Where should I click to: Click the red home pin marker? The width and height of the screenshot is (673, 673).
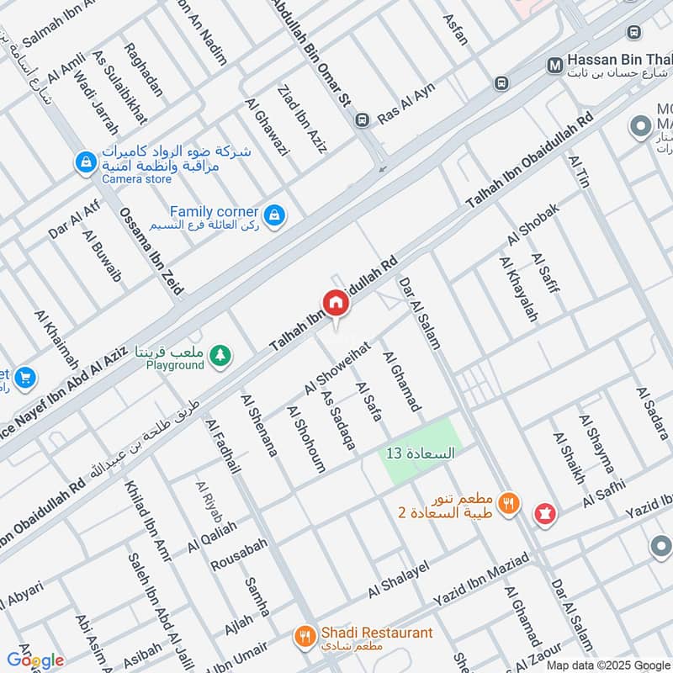coord(335,303)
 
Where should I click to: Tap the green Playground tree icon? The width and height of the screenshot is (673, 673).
coord(220,356)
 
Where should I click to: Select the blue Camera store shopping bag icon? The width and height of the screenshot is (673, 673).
coord(85,163)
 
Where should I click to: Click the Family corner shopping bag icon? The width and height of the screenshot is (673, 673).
coord(273,217)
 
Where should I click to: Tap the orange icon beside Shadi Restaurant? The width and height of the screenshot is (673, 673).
coord(305,637)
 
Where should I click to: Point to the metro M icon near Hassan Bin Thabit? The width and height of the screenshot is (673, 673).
coord(554,65)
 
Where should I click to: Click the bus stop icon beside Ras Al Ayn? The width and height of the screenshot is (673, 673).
coord(362,119)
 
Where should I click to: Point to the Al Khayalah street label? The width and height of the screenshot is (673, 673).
coord(518,289)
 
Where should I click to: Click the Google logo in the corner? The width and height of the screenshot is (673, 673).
coord(34,660)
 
